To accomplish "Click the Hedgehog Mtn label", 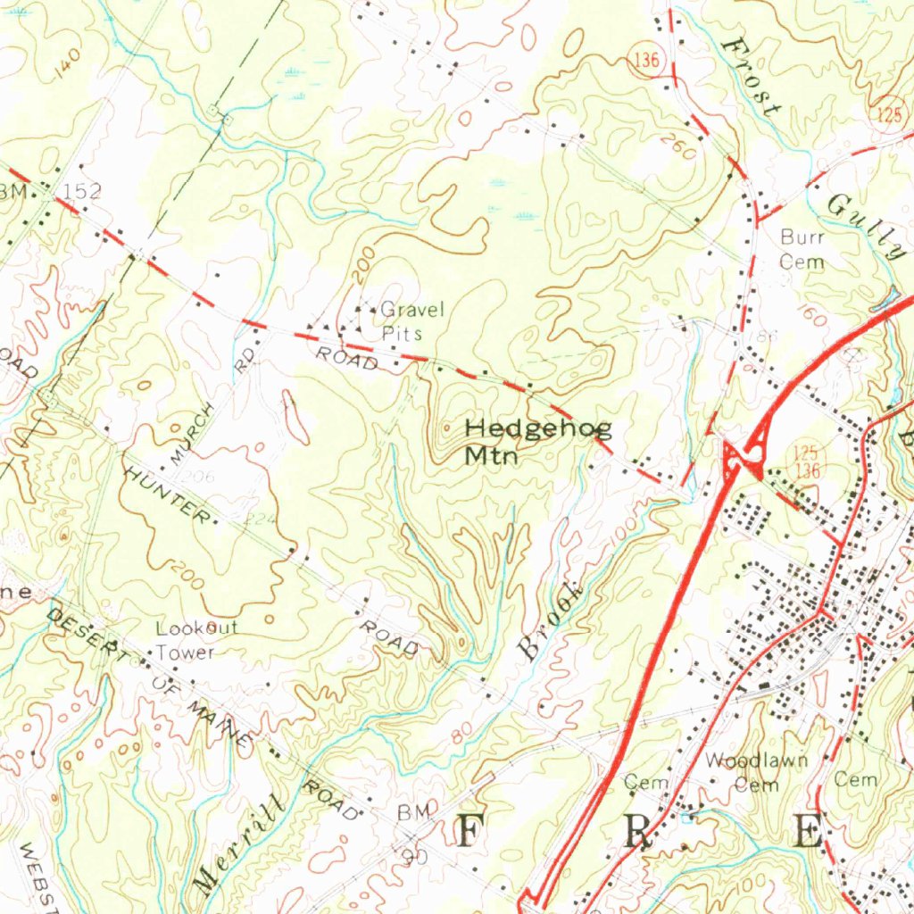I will coord(538,442).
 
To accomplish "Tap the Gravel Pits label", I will coord(411,320).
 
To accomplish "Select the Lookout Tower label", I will coord(196,640).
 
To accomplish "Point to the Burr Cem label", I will coord(802,249).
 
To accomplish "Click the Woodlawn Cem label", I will coord(757,772).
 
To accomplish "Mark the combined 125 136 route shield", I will coord(807,461).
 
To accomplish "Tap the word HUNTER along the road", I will coord(169,493).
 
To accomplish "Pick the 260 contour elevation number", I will coord(679,148).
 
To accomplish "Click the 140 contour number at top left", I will coord(66,65).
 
